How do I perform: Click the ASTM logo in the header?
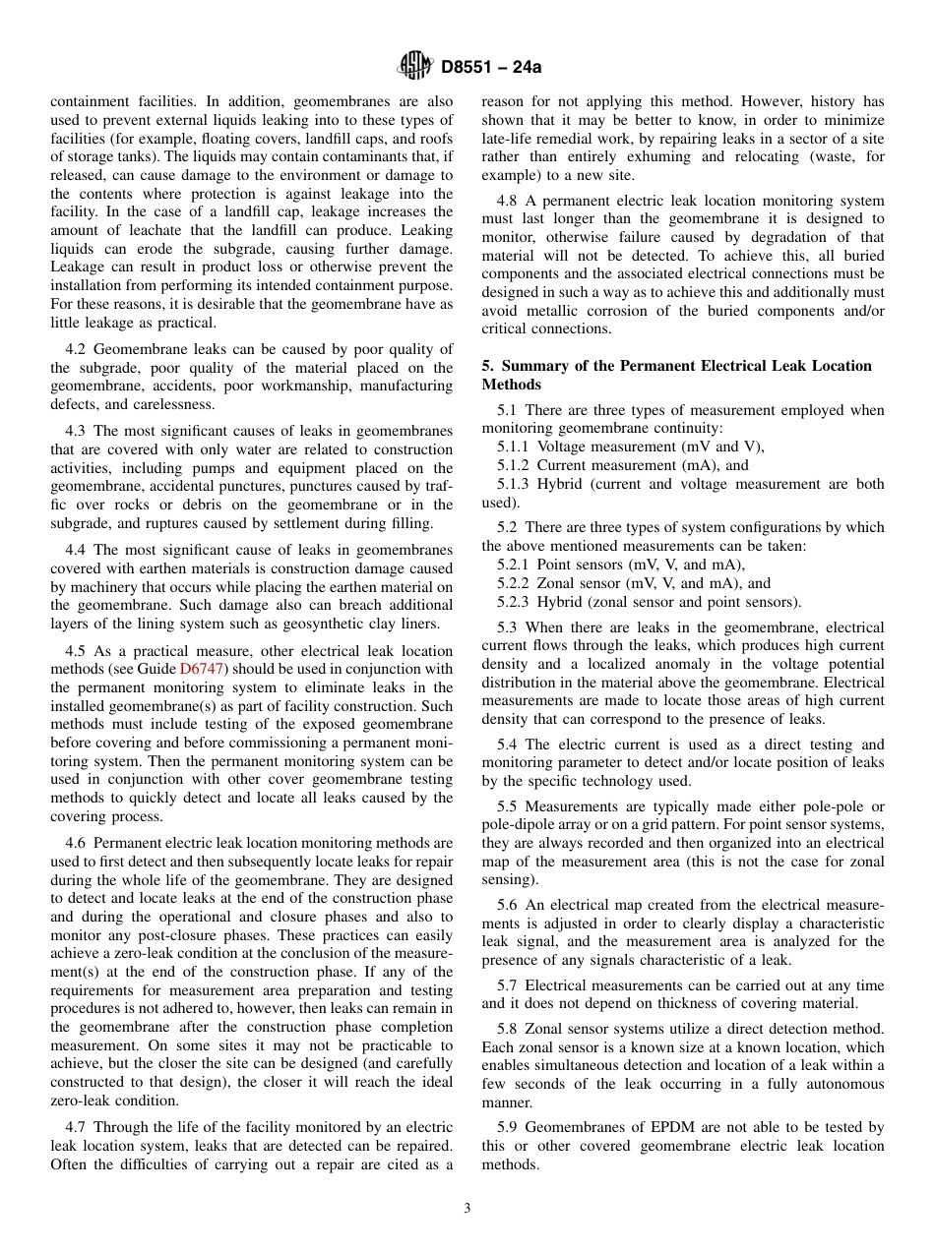[x=414, y=67]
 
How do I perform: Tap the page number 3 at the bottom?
[x=467, y=1209]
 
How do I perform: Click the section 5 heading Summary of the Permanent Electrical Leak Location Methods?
[x=676, y=375]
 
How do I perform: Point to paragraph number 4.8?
[x=509, y=201]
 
